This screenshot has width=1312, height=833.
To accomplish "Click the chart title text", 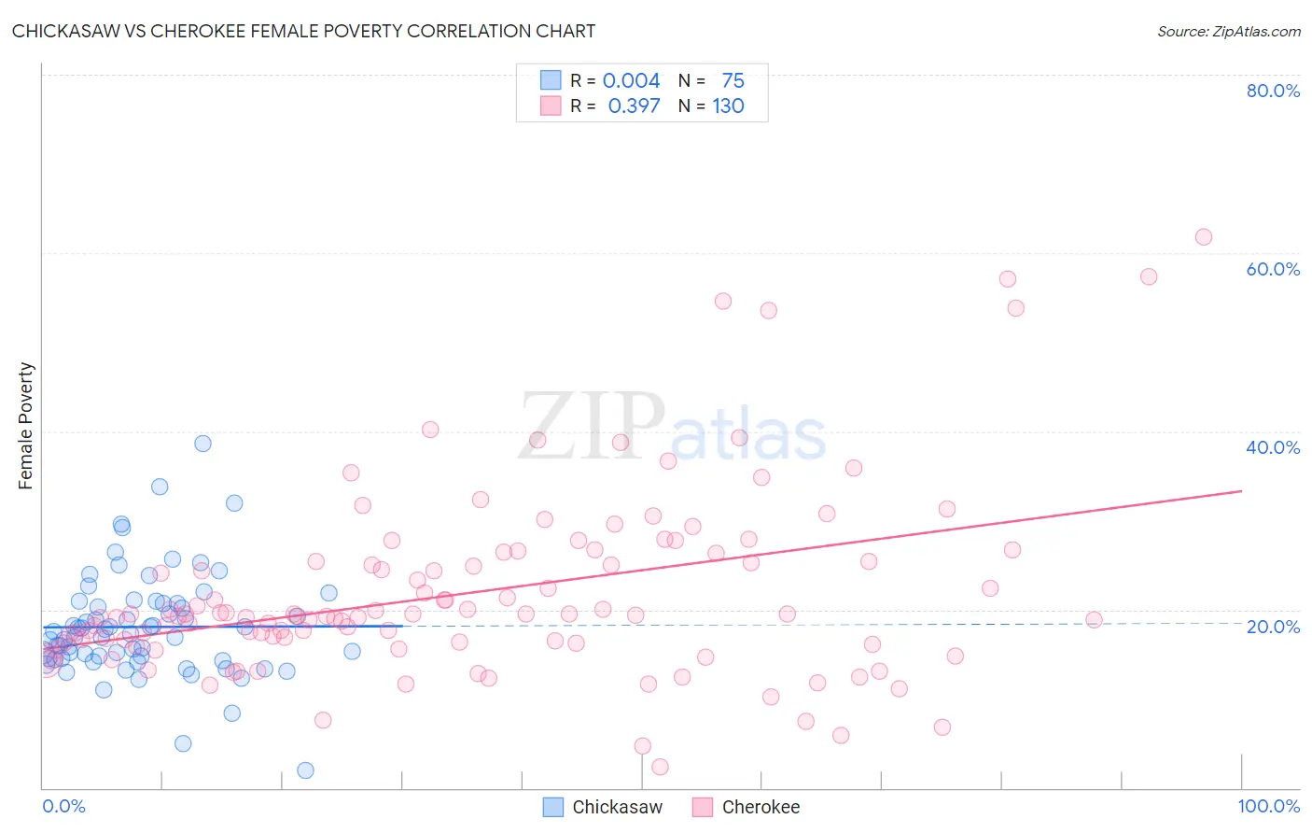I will coord(303,31).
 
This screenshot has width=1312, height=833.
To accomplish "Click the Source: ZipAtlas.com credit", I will coord(1228,31).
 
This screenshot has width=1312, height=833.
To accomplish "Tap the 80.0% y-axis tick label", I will coord(1273,91).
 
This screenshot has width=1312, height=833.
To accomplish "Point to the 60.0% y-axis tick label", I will coord(1273,269).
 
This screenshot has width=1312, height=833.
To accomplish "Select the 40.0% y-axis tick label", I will coord(1273,447).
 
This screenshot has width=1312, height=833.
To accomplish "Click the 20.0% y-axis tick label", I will coord(1273,626).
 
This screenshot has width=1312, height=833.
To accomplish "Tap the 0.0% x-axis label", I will coord(63,806).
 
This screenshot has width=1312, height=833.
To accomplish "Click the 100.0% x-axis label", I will coord(1268,806).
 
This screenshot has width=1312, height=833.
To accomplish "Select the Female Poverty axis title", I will coord(26,426).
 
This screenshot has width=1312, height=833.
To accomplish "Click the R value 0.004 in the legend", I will coord(631,81).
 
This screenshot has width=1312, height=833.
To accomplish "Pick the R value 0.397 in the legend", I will coord(634,106).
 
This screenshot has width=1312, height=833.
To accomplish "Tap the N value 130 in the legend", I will coord(728,106).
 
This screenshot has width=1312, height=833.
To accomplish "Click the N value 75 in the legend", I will coord(733,81).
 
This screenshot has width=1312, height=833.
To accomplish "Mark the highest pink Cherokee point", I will coord(1204,237).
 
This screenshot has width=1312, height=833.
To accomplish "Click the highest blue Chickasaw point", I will coord(202,444).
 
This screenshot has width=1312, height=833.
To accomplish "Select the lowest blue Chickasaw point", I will coord(305,770).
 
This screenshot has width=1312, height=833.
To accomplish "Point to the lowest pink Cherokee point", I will coord(660,767).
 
